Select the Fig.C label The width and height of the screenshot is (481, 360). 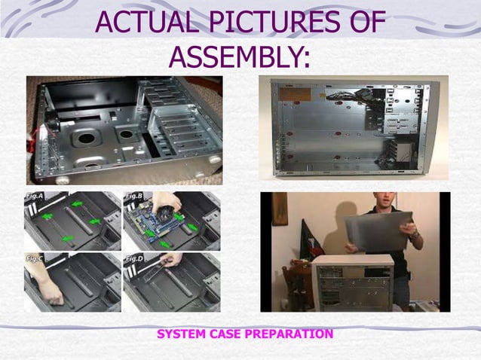[x=34, y=258]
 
